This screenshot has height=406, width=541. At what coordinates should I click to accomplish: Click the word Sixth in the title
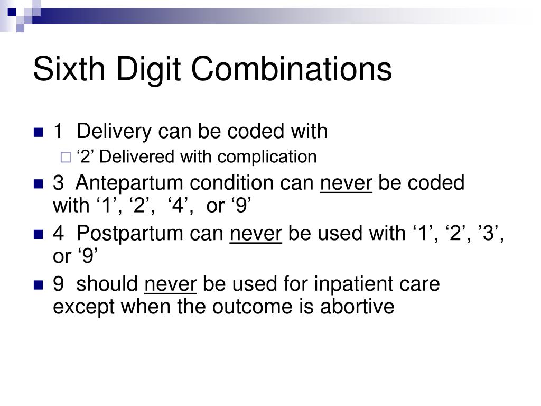pos(66,69)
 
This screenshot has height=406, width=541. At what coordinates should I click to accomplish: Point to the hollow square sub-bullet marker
pos(66,157)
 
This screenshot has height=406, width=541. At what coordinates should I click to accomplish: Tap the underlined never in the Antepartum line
pos(347,183)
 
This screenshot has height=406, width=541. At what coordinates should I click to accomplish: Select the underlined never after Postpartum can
pos(256,234)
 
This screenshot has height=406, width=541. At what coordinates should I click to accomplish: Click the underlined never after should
pos(171,284)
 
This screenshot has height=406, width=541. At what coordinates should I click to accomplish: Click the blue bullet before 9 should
pos(38,285)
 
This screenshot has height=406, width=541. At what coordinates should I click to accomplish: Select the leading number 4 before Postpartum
pos(58,234)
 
